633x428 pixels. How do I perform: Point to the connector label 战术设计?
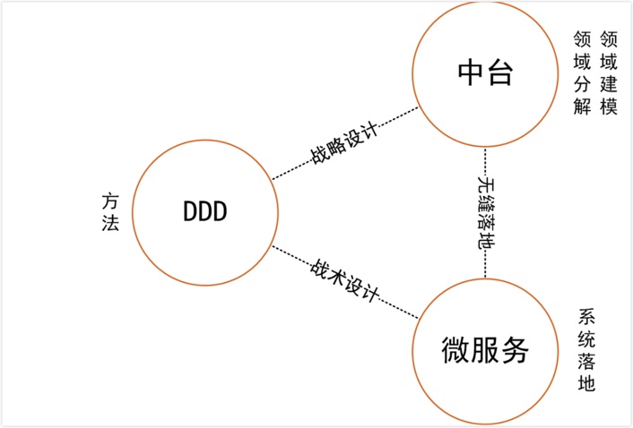(x=345, y=280)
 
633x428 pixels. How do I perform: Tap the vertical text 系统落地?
(x=586, y=350)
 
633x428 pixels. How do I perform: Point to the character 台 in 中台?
(x=500, y=73)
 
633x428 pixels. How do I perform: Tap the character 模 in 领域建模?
(x=610, y=107)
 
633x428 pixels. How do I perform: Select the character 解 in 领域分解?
(x=582, y=107)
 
